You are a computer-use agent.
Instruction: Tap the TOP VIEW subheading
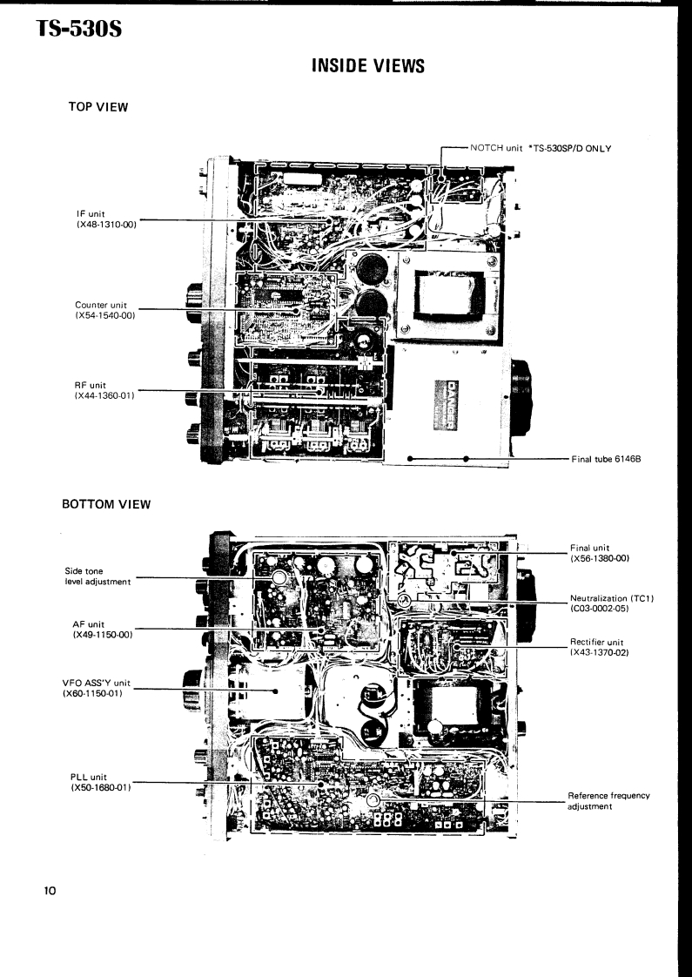point(98,107)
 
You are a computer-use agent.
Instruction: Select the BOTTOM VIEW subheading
point(108,504)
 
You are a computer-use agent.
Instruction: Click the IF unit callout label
point(107,218)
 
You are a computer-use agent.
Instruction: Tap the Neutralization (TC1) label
point(606,603)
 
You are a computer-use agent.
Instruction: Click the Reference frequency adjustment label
point(608,801)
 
